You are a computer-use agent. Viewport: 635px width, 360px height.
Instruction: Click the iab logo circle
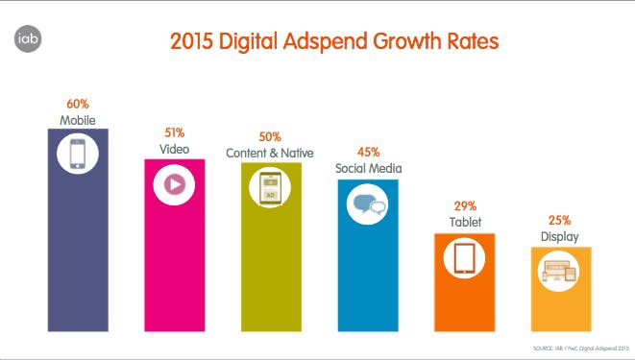pos(27,40)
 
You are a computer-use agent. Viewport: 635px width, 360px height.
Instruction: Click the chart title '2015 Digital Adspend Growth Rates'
pos(334,42)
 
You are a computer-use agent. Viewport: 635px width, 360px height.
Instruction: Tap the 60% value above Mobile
pos(78,103)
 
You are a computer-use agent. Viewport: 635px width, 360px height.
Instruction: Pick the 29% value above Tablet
pos(464,205)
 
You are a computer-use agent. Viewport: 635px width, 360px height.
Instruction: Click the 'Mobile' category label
pos(78,118)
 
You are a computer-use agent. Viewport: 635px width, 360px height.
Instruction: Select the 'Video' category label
pos(174,149)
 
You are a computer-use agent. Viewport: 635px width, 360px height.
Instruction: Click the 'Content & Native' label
pos(272,152)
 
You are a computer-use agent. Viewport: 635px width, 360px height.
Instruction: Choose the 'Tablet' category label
pos(464,222)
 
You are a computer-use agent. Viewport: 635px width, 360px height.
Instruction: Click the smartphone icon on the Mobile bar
pos(78,154)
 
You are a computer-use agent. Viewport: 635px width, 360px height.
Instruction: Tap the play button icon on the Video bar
pos(174,185)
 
